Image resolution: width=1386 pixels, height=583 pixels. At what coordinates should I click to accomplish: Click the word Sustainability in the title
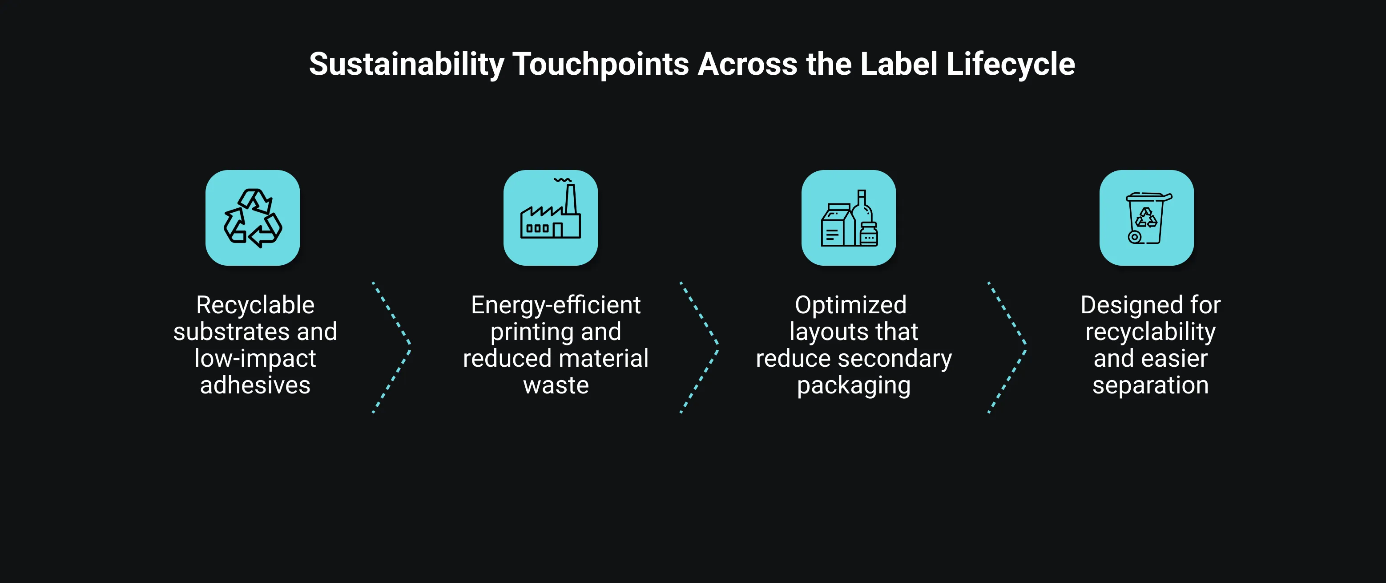[406, 65]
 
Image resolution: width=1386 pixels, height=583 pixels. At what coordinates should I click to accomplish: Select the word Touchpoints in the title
[600, 65]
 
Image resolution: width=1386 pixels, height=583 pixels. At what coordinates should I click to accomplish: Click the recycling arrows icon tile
[252, 218]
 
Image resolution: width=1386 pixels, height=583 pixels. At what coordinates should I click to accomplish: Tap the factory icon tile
[550, 218]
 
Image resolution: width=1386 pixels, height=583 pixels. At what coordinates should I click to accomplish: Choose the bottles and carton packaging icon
[849, 218]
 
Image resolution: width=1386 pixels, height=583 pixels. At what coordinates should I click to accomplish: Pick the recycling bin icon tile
[1147, 218]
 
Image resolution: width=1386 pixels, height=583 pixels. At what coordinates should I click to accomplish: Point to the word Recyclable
[255, 305]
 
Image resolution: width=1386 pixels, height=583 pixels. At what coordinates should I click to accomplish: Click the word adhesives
[255, 385]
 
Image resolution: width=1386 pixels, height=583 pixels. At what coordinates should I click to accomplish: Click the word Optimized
[850, 305]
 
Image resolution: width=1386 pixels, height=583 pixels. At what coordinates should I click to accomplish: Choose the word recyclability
[1150, 332]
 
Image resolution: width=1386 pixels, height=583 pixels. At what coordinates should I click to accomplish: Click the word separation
[1150, 385]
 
